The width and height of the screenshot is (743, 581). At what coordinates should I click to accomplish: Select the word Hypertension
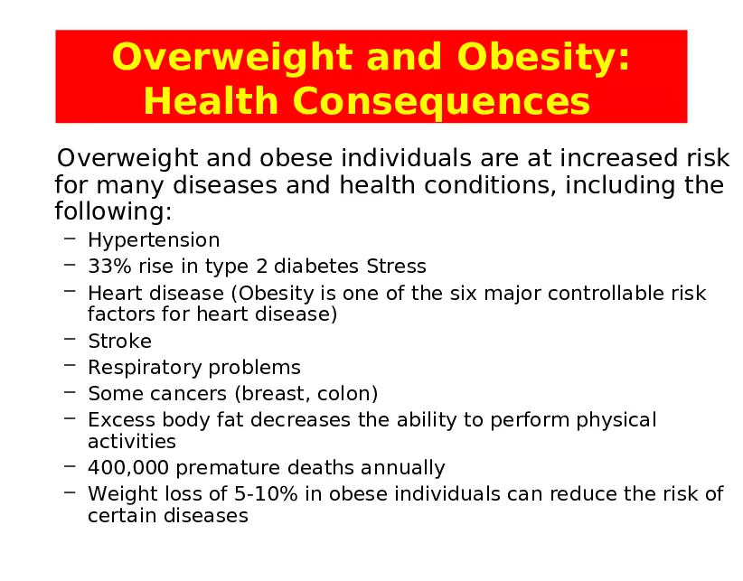(154, 240)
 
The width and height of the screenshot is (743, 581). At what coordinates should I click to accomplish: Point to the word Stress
(396, 267)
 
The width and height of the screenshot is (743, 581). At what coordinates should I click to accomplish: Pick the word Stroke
(119, 342)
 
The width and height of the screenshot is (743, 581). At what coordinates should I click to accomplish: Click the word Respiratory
(145, 368)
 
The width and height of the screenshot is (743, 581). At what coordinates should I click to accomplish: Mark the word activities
(132, 442)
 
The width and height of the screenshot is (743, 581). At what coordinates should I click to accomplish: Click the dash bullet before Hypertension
(70, 239)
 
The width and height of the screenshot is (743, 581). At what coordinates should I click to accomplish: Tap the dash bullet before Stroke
(70, 341)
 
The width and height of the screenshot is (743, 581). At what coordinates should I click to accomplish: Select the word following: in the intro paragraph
(113, 213)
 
